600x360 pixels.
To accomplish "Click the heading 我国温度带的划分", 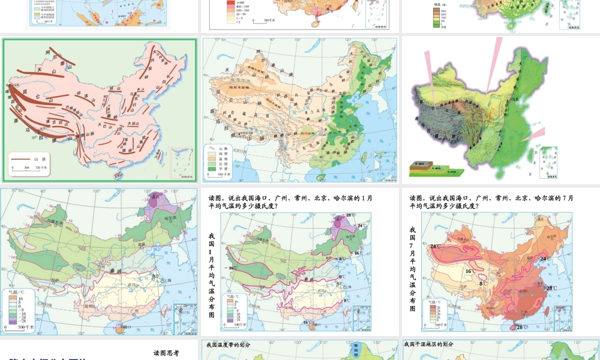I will point(227,344).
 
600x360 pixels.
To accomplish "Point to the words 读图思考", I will point(166,353).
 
